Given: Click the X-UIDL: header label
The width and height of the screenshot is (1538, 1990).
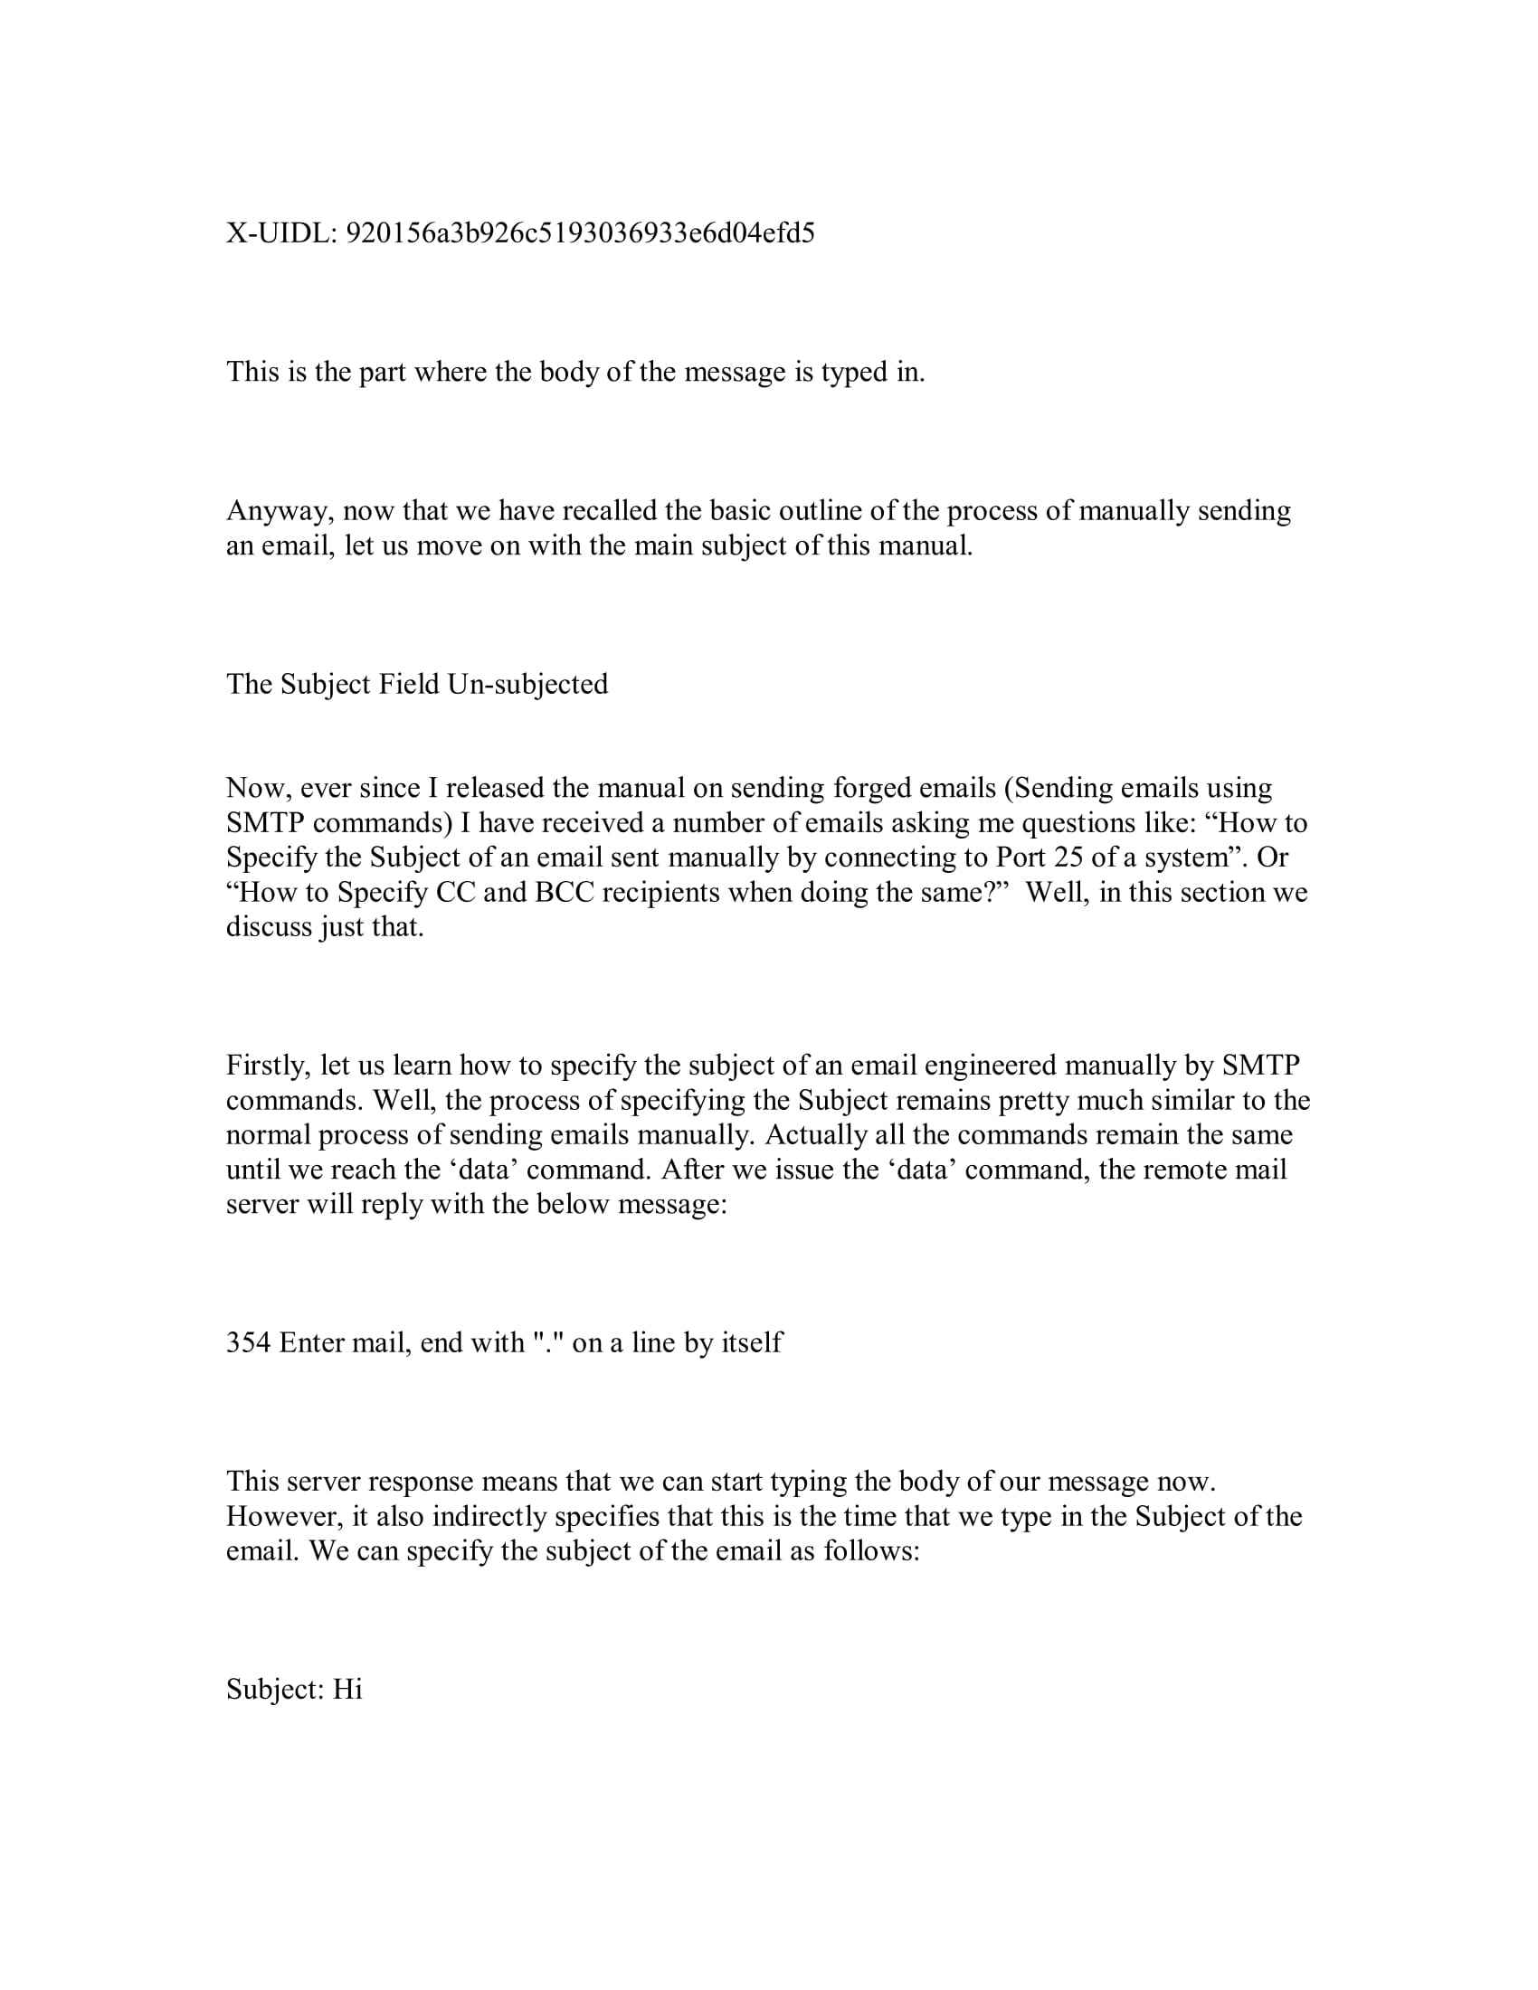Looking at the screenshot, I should click(x=281, y=234).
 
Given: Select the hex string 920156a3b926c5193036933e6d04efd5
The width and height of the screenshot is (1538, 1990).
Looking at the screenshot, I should click(x=581, y=234).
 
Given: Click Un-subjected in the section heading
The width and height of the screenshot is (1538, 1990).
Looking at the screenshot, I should click(x=527, y=685).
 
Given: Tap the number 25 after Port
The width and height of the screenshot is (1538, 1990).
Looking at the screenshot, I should click(x=1069, y=858).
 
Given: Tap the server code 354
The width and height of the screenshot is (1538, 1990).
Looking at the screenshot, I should click(x=248, y=1342).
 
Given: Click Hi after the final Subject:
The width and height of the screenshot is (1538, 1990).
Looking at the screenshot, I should click(x=347, y=1690).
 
